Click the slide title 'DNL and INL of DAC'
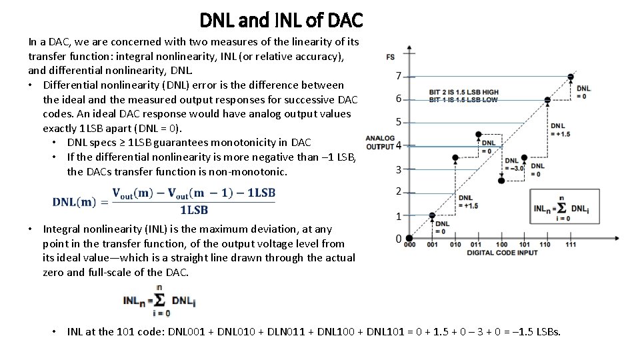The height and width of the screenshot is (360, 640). [281, 20]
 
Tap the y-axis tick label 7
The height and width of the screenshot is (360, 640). [398, 75]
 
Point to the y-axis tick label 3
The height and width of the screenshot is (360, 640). [398, 170]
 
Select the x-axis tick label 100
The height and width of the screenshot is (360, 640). [501, 245]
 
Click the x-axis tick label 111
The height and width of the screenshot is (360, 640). [570, 245]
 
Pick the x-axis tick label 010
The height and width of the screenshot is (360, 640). [455, 245]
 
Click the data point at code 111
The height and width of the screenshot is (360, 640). [570, 77]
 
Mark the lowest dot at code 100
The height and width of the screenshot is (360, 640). [501, 181]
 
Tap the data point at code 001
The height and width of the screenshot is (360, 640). [432, 215]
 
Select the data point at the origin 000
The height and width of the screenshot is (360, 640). [409, 238]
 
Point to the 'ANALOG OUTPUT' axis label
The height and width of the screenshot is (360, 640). [381, 142]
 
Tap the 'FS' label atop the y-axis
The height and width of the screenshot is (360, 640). [390, 55]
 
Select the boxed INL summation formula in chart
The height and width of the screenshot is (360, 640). [561, 207]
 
